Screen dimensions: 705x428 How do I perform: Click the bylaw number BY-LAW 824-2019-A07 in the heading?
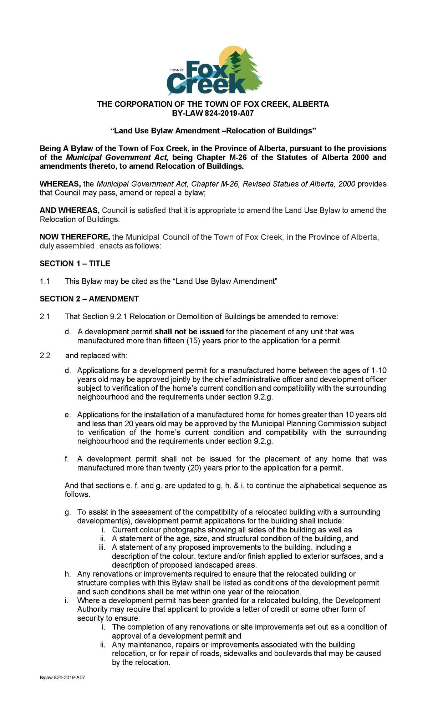coord(213,113)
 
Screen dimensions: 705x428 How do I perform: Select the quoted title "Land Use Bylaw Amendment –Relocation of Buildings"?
coord(213,131)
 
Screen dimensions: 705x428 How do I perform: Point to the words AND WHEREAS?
coord(70,211)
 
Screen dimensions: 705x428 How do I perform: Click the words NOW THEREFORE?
coord(75,237)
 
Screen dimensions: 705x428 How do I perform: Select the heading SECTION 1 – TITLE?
coord(75,264)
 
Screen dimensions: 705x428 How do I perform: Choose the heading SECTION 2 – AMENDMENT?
coord(89,299)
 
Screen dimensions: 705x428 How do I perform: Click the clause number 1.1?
coord(45,282)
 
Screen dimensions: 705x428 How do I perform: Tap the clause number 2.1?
coord(45,317)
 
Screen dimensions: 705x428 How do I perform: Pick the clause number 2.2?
coord(45,356)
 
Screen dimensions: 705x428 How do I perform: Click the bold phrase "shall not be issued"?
coord(189,332)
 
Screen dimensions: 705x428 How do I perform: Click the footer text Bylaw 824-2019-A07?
coord(62,678)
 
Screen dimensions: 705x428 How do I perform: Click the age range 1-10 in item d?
coord(379,371)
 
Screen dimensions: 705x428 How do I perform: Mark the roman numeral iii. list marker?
coord(102,547)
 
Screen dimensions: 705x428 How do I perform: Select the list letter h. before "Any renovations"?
coord(68,574)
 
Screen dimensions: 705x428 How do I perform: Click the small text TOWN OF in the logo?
coord(177,70)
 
